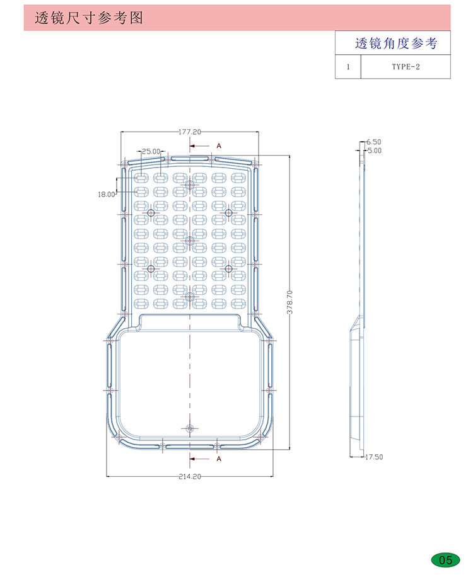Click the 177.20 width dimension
click(190, 132)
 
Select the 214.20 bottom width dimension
click(190, 477)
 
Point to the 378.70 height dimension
click(290, 302)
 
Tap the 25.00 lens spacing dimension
click(151, 151)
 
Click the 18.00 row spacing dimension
click(107, 194)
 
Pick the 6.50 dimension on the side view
click(374, 142)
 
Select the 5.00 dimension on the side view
click(374, 151)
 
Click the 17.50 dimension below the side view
click(374, 457)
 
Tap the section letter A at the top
click(219, 146)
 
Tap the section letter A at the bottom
click(219, 459)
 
